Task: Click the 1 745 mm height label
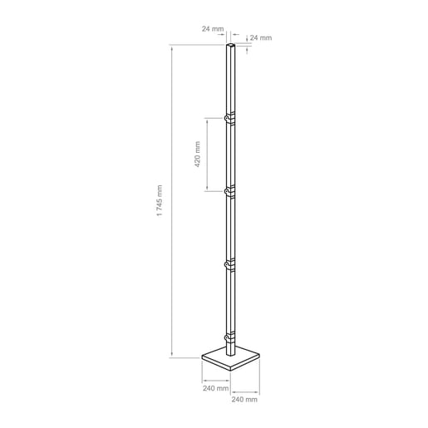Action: (x=160, y=200)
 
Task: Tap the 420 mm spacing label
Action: (x=197, y=155)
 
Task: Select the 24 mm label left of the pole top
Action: (x=213, y=29)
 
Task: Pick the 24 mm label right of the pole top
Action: (x=261, y=37)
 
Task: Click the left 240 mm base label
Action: (x=215, y=388)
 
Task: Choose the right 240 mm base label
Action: (x=244, y=400)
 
